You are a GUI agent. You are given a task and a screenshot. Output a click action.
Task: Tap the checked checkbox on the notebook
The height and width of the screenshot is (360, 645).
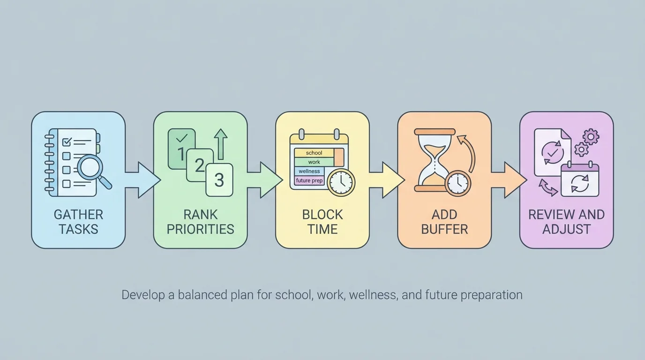[x=67, y=141]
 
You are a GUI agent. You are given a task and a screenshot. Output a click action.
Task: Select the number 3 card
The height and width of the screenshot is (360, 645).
[x=219, y=180]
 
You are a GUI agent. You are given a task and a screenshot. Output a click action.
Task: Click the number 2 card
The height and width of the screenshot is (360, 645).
[x=200, y=165]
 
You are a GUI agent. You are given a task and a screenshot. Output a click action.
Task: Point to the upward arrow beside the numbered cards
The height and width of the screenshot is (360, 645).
[x=220, y=144]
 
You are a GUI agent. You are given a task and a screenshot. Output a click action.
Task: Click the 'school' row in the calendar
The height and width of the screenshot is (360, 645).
[x=314, y=153]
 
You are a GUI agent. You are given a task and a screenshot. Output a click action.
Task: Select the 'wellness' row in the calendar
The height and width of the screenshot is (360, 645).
[x=309, y=171]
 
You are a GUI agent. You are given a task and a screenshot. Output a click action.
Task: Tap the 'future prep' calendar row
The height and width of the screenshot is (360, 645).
[x=309, y=180]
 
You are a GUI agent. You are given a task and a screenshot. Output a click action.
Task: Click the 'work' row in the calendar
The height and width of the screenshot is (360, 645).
[x=314, y=162]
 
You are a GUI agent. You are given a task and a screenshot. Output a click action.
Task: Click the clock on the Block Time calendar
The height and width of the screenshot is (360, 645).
[x=341, y=182]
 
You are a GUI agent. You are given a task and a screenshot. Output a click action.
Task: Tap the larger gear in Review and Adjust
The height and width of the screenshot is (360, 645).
[x=591, y=137]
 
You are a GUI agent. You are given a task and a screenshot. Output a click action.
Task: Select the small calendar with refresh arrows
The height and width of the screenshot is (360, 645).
[x=580, y=180]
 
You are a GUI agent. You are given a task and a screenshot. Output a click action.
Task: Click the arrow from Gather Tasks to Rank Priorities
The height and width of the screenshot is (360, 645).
[x=142, y=180]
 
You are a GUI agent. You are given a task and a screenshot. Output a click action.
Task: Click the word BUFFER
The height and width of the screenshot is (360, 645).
[x=444, y=229]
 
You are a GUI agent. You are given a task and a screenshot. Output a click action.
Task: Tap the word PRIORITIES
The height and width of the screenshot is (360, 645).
[x=200, y=229]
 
